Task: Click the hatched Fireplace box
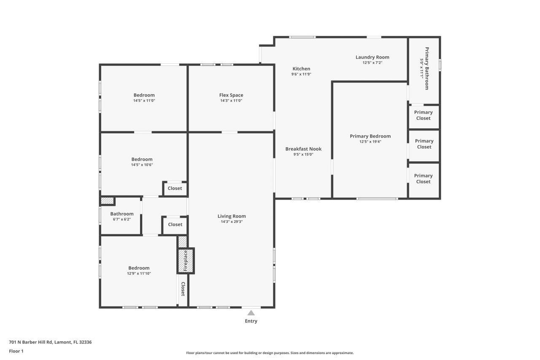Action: point(186,261)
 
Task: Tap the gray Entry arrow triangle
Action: point(251,313)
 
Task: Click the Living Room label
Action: point(232,216)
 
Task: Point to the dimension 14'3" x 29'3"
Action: point(232,222)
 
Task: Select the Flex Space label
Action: point(231,95)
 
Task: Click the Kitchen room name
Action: point(301,69)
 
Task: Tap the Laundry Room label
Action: point(372,57)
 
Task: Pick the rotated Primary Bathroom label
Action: point(427,68)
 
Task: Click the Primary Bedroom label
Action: point(370,136)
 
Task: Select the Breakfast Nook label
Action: point(303,149)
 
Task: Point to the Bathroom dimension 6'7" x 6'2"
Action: point(122,219)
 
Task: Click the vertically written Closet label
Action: point(183,289)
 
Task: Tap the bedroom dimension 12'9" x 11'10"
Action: point(139,273)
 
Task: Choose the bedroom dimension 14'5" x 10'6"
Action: point(142,165)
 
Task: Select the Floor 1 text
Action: point(16,351)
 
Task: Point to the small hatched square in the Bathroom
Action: point(107,201)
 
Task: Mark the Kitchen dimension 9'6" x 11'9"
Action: point(301,74)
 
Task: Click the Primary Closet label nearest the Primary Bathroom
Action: point(423,115)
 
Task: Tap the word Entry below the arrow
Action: point(251,321)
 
